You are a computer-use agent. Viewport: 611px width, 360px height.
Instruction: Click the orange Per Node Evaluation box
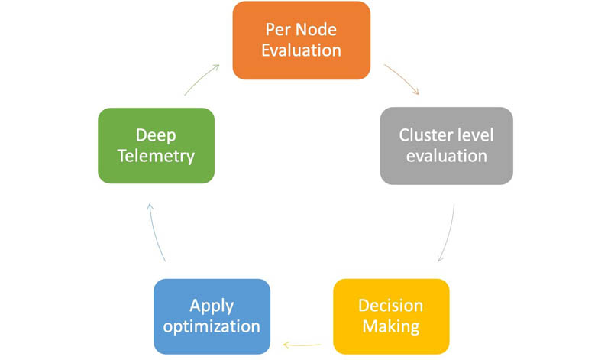click(301, 41)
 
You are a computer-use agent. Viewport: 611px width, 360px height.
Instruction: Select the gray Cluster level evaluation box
click(447, 146)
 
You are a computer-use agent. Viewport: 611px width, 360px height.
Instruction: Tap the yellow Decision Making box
click(391, 316)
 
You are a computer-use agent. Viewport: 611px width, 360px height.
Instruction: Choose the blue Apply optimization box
click(212, 316)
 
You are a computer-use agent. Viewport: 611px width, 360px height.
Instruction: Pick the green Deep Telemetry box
click(157, 145)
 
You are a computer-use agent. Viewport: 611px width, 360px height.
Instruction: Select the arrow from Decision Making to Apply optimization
click(302, 345)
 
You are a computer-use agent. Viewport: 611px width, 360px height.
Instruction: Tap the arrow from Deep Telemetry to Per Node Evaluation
click(201, 79)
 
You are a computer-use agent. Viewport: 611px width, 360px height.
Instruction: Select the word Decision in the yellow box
click(391, 306)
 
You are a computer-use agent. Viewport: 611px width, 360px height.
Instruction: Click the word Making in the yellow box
click(391, 327)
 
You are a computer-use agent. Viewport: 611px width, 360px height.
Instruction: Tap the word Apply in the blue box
click(212, 306)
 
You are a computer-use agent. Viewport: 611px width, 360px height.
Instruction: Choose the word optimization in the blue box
click(212, 327)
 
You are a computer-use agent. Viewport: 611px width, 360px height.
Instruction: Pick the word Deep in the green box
click(156, 136)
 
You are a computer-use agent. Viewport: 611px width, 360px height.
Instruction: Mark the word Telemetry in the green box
click(156, 157)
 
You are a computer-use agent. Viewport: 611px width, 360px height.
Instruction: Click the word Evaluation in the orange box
click(301, 50)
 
